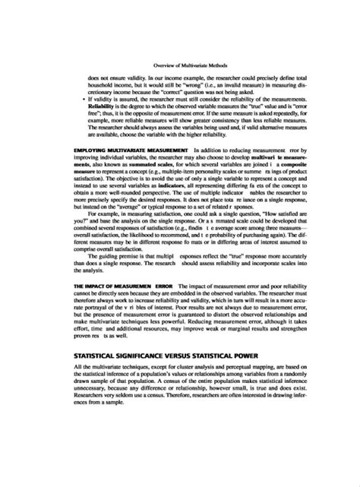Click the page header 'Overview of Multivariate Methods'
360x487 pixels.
(x=180, y=65)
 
